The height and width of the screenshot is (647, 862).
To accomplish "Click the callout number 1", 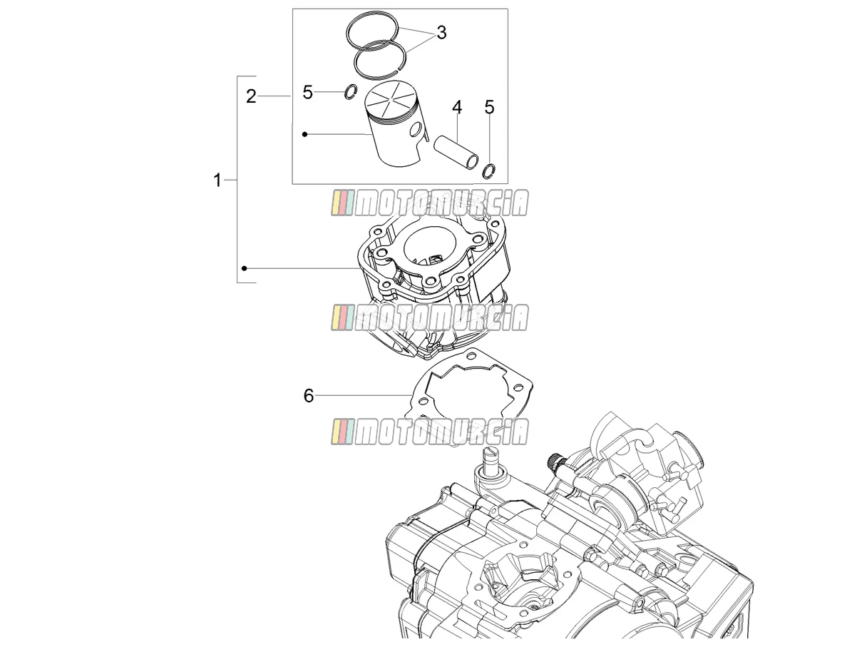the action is coord(217,180).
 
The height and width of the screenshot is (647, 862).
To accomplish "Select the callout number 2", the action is coord(251,96).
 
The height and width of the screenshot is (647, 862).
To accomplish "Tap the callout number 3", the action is coord(441,33).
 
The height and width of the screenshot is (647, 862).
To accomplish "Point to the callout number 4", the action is coord(457,107).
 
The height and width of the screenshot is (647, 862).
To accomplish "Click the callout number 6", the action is coord(309,396).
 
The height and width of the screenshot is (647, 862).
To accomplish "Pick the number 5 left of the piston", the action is coord(307,93).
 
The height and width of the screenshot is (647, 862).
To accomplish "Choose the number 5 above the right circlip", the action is coord(489,107).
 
